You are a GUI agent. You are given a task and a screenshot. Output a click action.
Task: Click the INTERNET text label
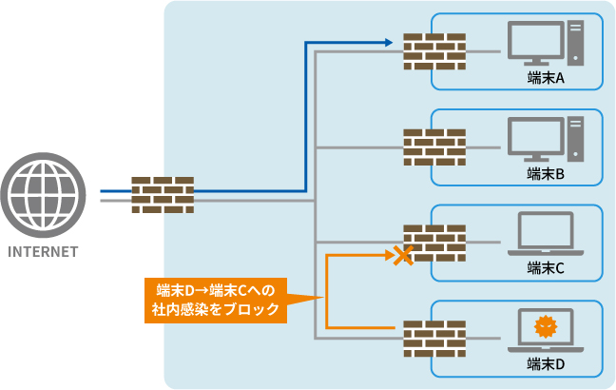click(42, 253)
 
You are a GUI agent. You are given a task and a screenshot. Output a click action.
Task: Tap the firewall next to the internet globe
click(162, 195)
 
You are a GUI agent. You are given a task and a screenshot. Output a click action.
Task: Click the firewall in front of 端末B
click(433, 146)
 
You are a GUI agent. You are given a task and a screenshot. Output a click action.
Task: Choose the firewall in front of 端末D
click(433, 338)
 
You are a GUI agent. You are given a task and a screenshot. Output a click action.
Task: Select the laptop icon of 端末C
click(546, 235)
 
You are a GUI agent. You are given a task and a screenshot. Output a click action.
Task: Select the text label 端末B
click(546, 174)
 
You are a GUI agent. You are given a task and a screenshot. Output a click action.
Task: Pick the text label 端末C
click(546, 269)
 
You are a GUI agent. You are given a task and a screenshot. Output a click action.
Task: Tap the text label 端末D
click(546, 364)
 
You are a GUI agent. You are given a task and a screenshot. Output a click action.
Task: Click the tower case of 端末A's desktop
click(575, 45)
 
